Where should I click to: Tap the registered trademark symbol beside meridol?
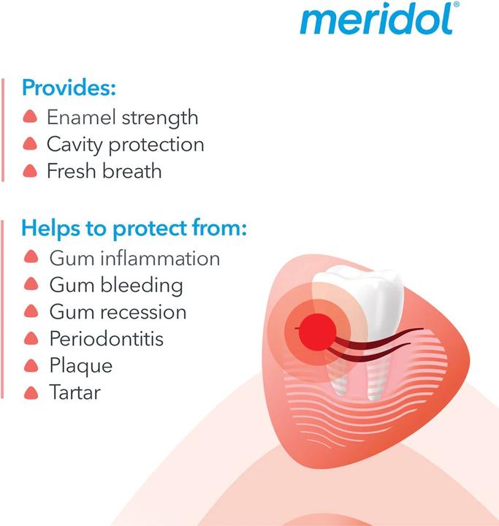[x=457, y=5]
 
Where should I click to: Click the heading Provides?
[x=69, y=88]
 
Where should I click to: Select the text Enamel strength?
[x=122, y=117]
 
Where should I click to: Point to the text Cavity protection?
[x=125, y=144]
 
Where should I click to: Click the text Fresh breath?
[x=104, y=171]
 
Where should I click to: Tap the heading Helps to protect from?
[x=134, y=228]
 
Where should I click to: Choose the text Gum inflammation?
[x=134, y=258]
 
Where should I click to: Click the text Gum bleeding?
[x=116, y=285]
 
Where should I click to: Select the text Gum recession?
[x=118, y=312]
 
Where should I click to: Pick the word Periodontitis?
[x=107, y=339]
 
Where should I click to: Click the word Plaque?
[x=80, y=365]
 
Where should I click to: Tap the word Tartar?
[x=75, y=392]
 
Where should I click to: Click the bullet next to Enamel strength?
[x=30, y=117]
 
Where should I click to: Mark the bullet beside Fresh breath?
[x=30, y=171]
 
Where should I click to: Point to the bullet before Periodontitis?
[x=31, y=339]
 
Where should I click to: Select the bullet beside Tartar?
[x=31, y=392]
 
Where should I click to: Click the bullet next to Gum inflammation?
[x=31, y=258]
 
